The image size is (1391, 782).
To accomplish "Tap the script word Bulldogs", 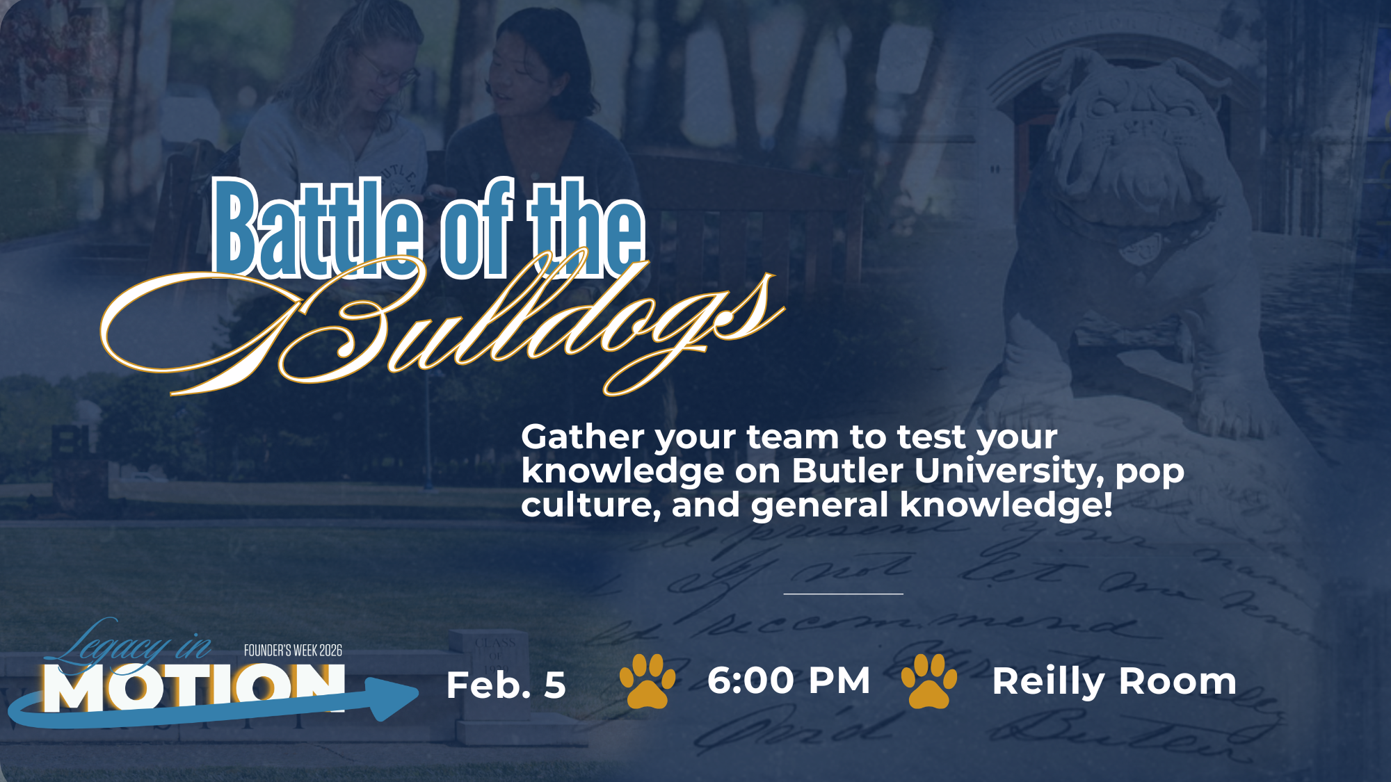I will (x=445, y=327).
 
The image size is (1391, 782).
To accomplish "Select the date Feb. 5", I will (x=506, y=685).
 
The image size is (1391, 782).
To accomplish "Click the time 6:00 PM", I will (x=789, y=681).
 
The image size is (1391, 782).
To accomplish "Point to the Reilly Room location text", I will (x=1113, y=681).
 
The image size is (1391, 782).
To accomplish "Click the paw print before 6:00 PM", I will (x=648, y=681).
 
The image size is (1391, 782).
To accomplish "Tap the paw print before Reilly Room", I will (x=929, y=681).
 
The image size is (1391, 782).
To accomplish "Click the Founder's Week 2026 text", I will (x=293, y=651).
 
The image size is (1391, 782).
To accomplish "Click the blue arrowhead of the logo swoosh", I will (x=393, y=697).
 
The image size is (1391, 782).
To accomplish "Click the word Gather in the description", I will (x=583, y=438).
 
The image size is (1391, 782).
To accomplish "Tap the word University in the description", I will (x=1008, y=471).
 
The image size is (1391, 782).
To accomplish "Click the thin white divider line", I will (x=843, y=594).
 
